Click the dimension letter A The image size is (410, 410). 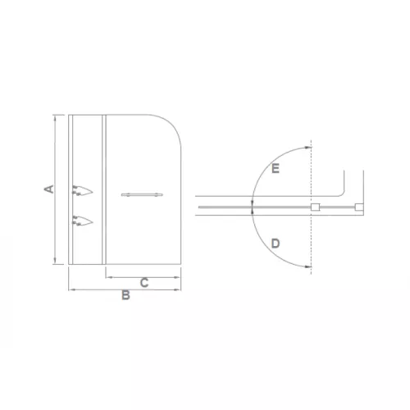(x=49, y=189)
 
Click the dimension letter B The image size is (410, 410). (x=125, y=296)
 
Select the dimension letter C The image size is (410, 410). (x=143, y=284)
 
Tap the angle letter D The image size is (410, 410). (x=276, y=244)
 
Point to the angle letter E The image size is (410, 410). (x=276, y=170)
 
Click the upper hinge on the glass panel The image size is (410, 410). (x=84, y=191)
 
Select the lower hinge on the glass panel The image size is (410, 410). (x=84, y=219)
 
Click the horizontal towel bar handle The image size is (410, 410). (x=141, y=194)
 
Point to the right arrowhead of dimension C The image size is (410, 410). (x=179, y=278)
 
